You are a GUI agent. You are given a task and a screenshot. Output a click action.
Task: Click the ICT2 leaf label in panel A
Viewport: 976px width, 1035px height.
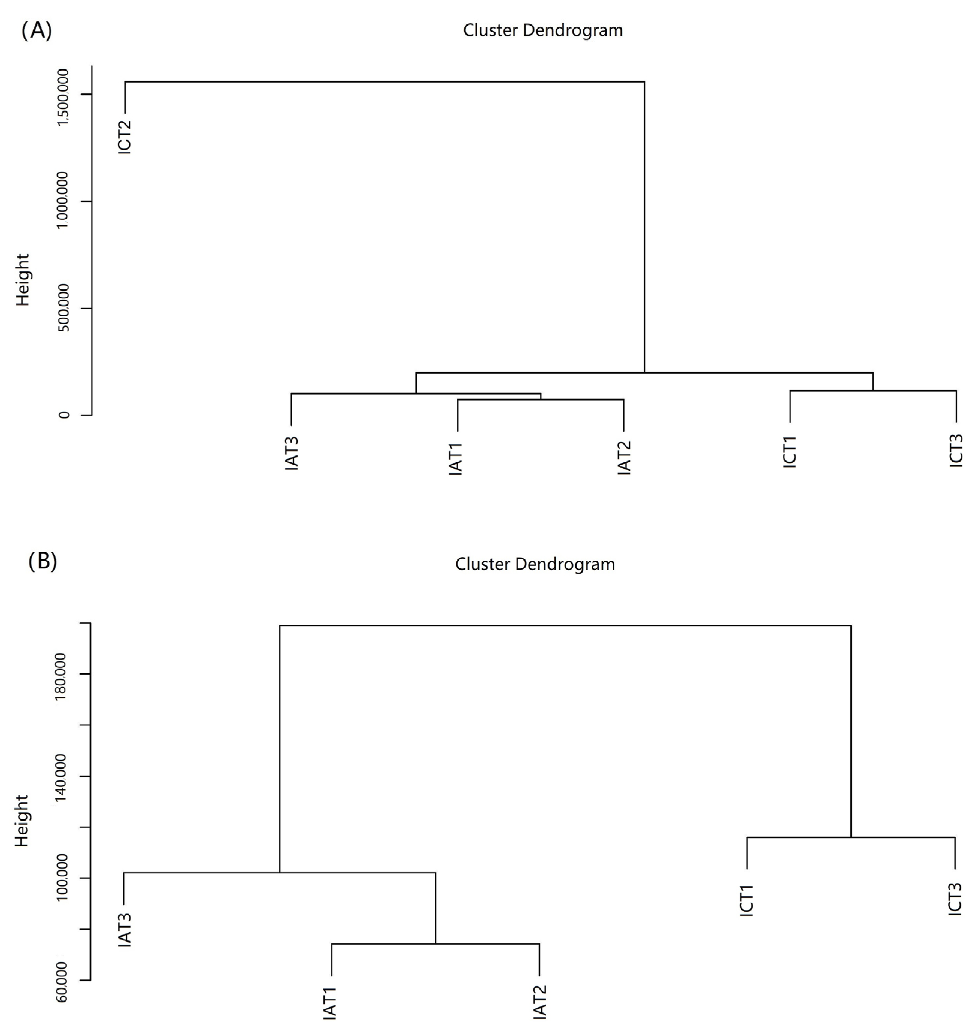coord(125,137)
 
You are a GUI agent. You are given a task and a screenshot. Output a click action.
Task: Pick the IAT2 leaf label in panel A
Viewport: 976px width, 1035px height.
coord(624,458)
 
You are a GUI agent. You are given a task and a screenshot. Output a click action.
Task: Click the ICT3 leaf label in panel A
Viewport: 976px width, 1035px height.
coord(956,451)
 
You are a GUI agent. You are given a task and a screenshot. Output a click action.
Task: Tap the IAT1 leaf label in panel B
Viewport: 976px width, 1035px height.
coord(331,1003)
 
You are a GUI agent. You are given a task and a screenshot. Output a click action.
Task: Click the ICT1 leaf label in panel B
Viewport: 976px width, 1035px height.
coord(747,900)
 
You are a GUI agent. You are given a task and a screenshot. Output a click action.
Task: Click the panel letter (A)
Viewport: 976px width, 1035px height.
coord(36,31)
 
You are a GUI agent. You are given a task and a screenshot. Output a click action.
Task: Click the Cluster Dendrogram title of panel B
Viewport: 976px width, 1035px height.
coord(535,564)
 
